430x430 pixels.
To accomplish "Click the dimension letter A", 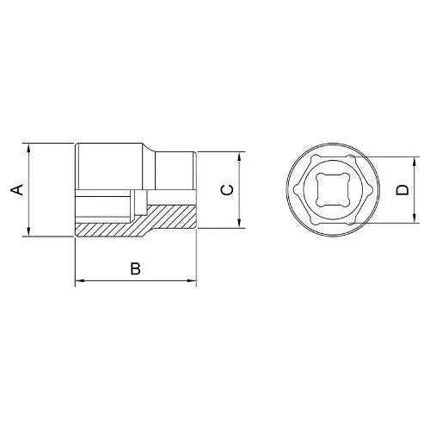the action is pos(17,190).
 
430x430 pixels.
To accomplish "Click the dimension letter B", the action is pos(135,268).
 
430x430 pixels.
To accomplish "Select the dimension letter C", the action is pos(228,190).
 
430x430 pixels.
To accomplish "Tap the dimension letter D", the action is pos(402,190).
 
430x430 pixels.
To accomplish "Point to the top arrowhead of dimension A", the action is pos(28,148).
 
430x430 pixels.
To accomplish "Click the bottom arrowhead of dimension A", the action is pos(28,231).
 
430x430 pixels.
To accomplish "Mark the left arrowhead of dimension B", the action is pos(80,280).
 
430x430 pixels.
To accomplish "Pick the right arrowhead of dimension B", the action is pos(192,280).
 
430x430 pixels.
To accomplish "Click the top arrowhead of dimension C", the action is pos(239,157).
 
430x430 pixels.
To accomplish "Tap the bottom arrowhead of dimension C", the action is pos(239,224).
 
